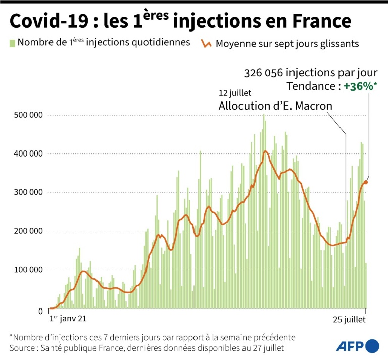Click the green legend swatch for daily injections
pos(12,42)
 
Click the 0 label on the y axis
pos(41,311)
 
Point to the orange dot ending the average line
pos(366,182)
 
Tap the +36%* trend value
pos(361,86)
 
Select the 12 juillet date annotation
pos(235,94)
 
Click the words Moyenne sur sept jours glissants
pos(287,43)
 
